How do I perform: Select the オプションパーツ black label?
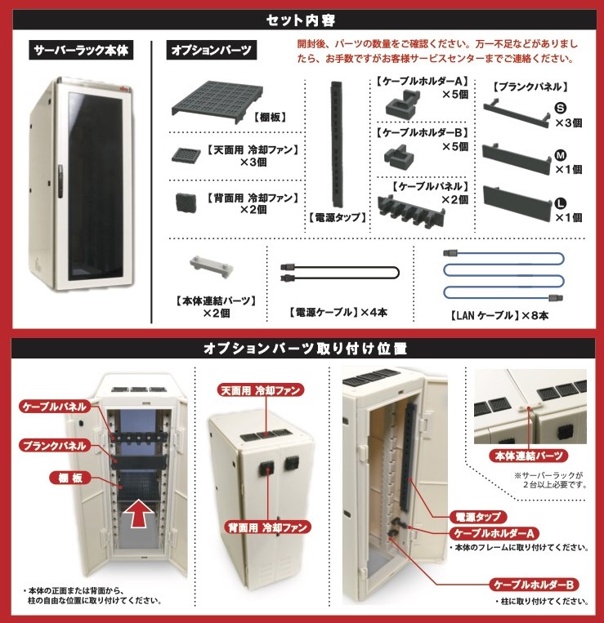(x=212, y=51)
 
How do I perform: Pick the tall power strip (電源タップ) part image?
(x=335, y=143)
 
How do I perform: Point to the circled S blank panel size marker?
(x=561, y=108)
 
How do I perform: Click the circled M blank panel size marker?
(x=561, y=154)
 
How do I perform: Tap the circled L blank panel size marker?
(x=561, y=201)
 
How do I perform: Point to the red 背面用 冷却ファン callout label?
(x=268, y=527)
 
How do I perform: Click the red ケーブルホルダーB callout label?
(x=535, y=585)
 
